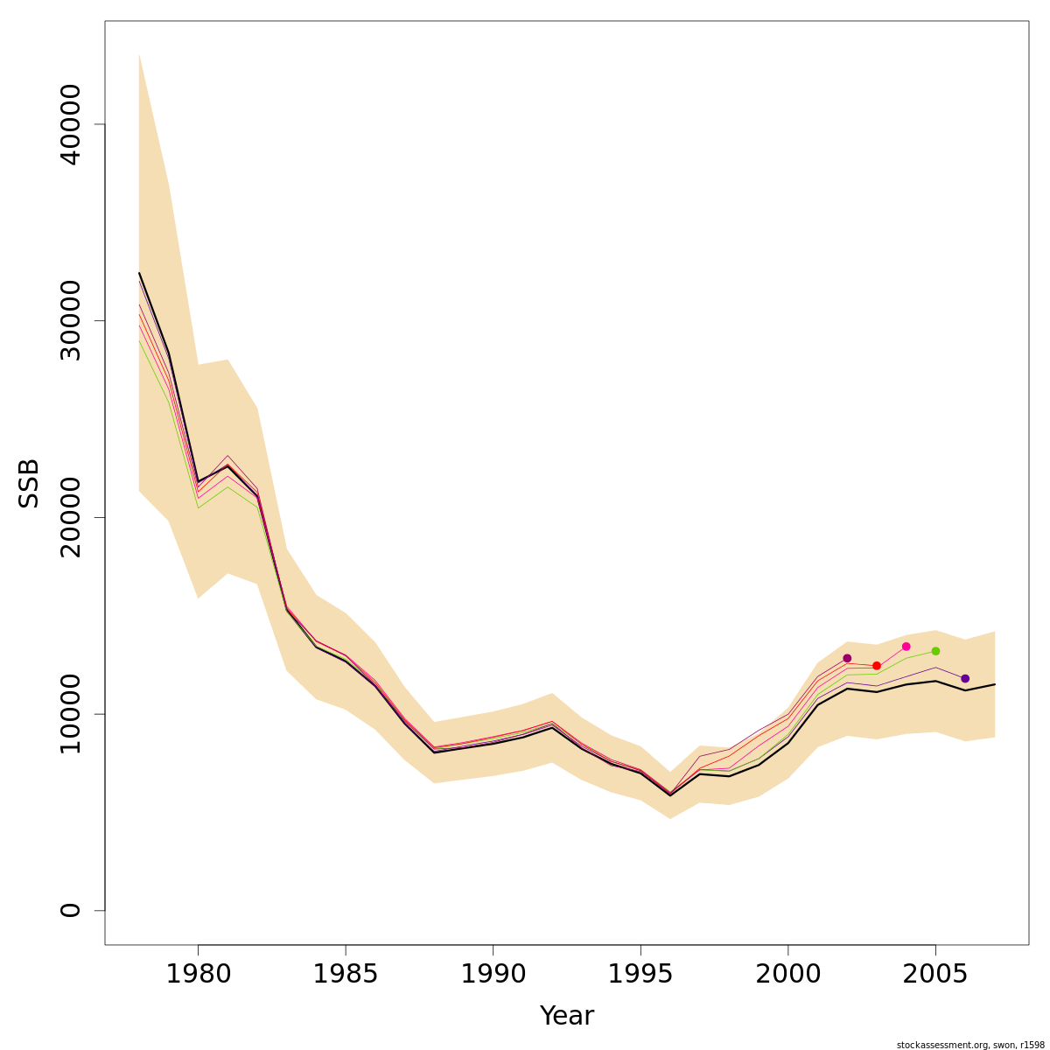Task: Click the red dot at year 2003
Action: pos(877,666)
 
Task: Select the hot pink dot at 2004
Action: pos(906,647)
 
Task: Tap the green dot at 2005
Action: pos(935,651)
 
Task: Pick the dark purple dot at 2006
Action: pos(965,679)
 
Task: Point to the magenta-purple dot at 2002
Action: pos(847,658)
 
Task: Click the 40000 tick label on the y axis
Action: pos(70,124)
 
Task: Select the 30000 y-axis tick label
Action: pos(70,320)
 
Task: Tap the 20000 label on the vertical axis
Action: pos(70,517)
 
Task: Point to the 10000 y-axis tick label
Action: pos(70,714)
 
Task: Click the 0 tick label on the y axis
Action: pos(70,910)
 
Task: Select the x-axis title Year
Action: pos(566,1016)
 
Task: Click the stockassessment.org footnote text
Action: pos(970,1045)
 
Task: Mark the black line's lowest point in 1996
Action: pos(670,795)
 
